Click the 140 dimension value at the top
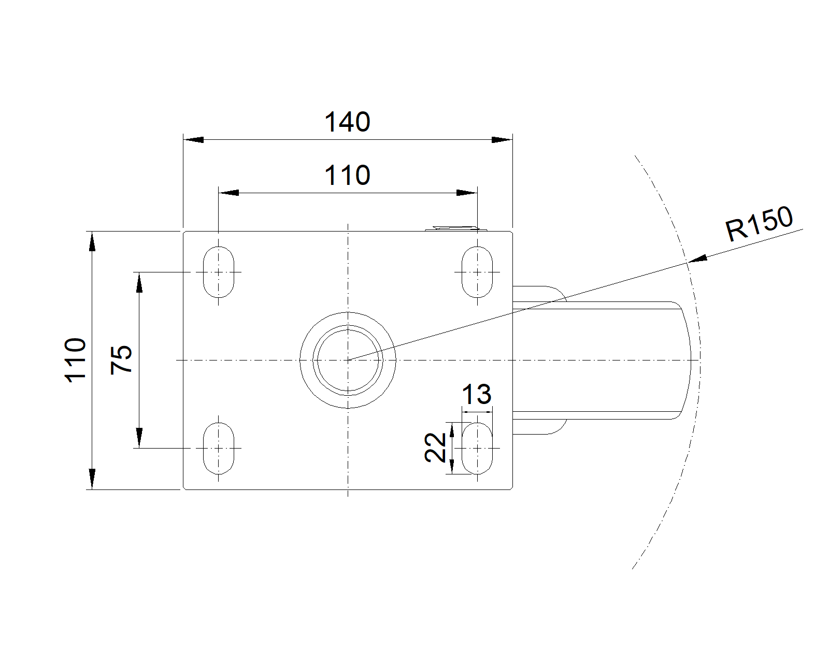[x=347, y=123]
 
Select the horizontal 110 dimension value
[x=347, y=176]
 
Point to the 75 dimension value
[x=122, y=359]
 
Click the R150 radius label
[x=759, y=224]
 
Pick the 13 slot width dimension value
[x=476, y=395]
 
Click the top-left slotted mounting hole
[x=219, y=272]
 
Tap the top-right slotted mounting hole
[x=477, y=272]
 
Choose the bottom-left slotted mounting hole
[x=219, y=448]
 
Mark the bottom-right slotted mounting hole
[x=477, y=448]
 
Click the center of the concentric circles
[x=348, y=359]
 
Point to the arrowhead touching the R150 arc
[x=697, y=259]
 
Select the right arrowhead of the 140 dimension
[x=502, y=140]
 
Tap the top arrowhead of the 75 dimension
[x=139, y=282]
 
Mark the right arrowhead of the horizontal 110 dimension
[x=467, y=193]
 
